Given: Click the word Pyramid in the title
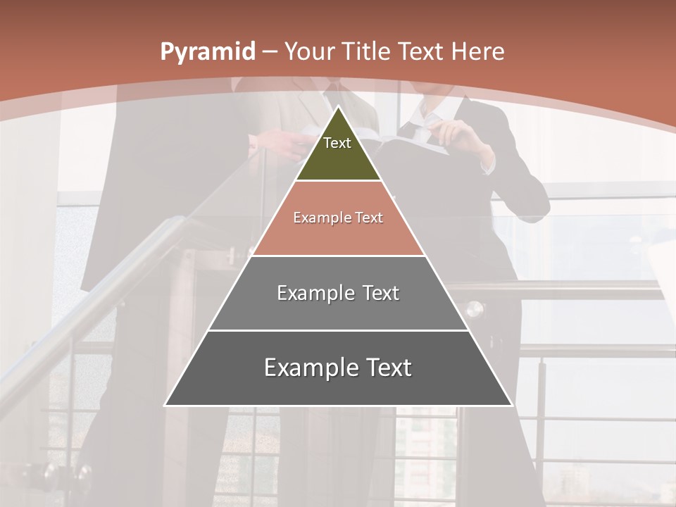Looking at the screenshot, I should coord(207,52).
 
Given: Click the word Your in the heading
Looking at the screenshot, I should coord(309,51).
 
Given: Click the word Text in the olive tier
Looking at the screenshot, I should coord(337,143).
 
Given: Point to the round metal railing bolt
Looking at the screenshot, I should coord(475,308).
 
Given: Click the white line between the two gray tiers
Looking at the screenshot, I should coord(338,330).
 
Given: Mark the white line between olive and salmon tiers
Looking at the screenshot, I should coord(338,180).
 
